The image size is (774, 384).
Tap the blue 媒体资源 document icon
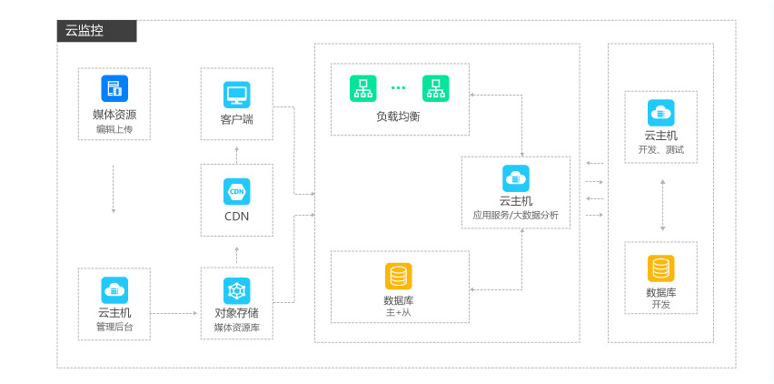(114, 88)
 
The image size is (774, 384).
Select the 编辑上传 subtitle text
(114, 129)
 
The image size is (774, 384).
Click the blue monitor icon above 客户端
(236, 95)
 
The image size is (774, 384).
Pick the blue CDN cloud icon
(236, 191)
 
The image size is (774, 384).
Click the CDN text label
(236, 217)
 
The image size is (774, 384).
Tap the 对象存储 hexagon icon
(236, 290)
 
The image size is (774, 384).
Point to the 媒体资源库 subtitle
(236, 327)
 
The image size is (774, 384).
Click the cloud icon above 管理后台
(114, 290)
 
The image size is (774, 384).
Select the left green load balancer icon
(362, 88)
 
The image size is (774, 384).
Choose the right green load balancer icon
(435, 88)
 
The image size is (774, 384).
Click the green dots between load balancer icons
(399, 88)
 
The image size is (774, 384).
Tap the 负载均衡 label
(398, 116)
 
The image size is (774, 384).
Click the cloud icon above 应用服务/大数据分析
(516, 177)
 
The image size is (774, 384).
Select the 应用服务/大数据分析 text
(516, 215)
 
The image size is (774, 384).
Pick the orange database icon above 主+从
(398, 276)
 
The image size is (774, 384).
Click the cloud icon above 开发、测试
(660, 112)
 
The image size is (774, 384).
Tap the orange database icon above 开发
(660, 268)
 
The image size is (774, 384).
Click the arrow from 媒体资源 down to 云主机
(114, 188)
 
